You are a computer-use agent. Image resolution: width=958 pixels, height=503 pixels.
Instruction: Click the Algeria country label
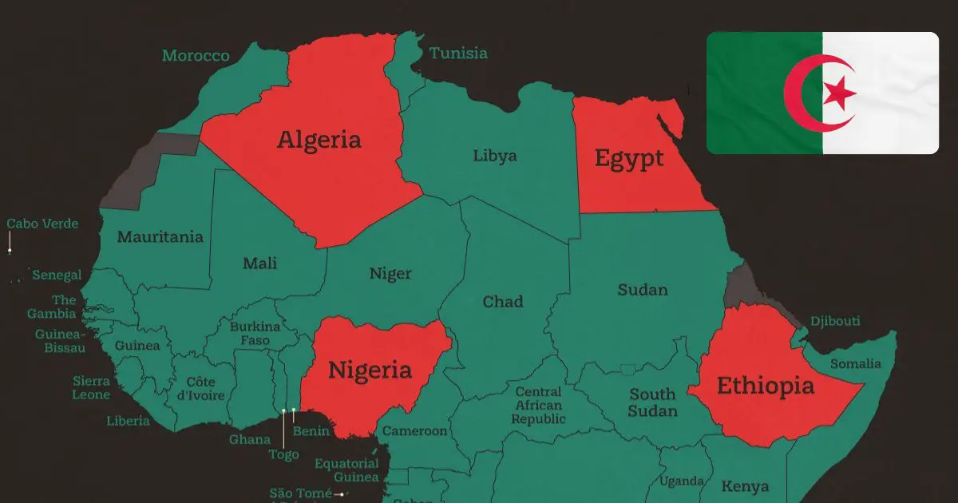[319, 140]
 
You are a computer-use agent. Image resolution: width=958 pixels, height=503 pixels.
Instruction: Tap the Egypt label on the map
[629, 158]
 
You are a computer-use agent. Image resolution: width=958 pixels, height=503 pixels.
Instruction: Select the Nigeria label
[370, 370]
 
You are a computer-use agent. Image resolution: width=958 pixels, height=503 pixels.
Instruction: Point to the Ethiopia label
[766, 386]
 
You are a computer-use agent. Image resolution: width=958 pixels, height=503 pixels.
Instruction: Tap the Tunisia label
[458, 53]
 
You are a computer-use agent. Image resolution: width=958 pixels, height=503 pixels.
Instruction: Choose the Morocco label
[196, 56]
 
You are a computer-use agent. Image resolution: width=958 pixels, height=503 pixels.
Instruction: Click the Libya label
[494, 156]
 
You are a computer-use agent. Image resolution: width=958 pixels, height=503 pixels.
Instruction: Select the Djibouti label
[835, 321]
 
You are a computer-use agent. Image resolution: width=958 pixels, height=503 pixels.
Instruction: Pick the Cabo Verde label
[43, 224]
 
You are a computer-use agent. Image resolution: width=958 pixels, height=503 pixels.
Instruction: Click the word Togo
[283, 454]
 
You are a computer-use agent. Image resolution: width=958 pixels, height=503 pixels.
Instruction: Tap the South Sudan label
[652, 402]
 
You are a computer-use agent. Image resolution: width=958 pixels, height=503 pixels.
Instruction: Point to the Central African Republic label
[539, 406]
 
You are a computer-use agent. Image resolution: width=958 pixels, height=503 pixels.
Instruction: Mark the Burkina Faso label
[255, 334]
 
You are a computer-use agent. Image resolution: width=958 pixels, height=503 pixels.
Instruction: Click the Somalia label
[855, 364]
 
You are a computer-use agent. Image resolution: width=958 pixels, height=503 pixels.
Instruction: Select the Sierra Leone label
[91, 388]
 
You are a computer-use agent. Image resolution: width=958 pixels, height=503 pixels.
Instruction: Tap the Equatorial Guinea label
[346, 470]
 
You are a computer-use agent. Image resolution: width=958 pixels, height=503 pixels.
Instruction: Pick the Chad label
[503, 302]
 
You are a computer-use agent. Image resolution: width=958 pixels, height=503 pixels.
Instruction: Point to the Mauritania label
[160, 237]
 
